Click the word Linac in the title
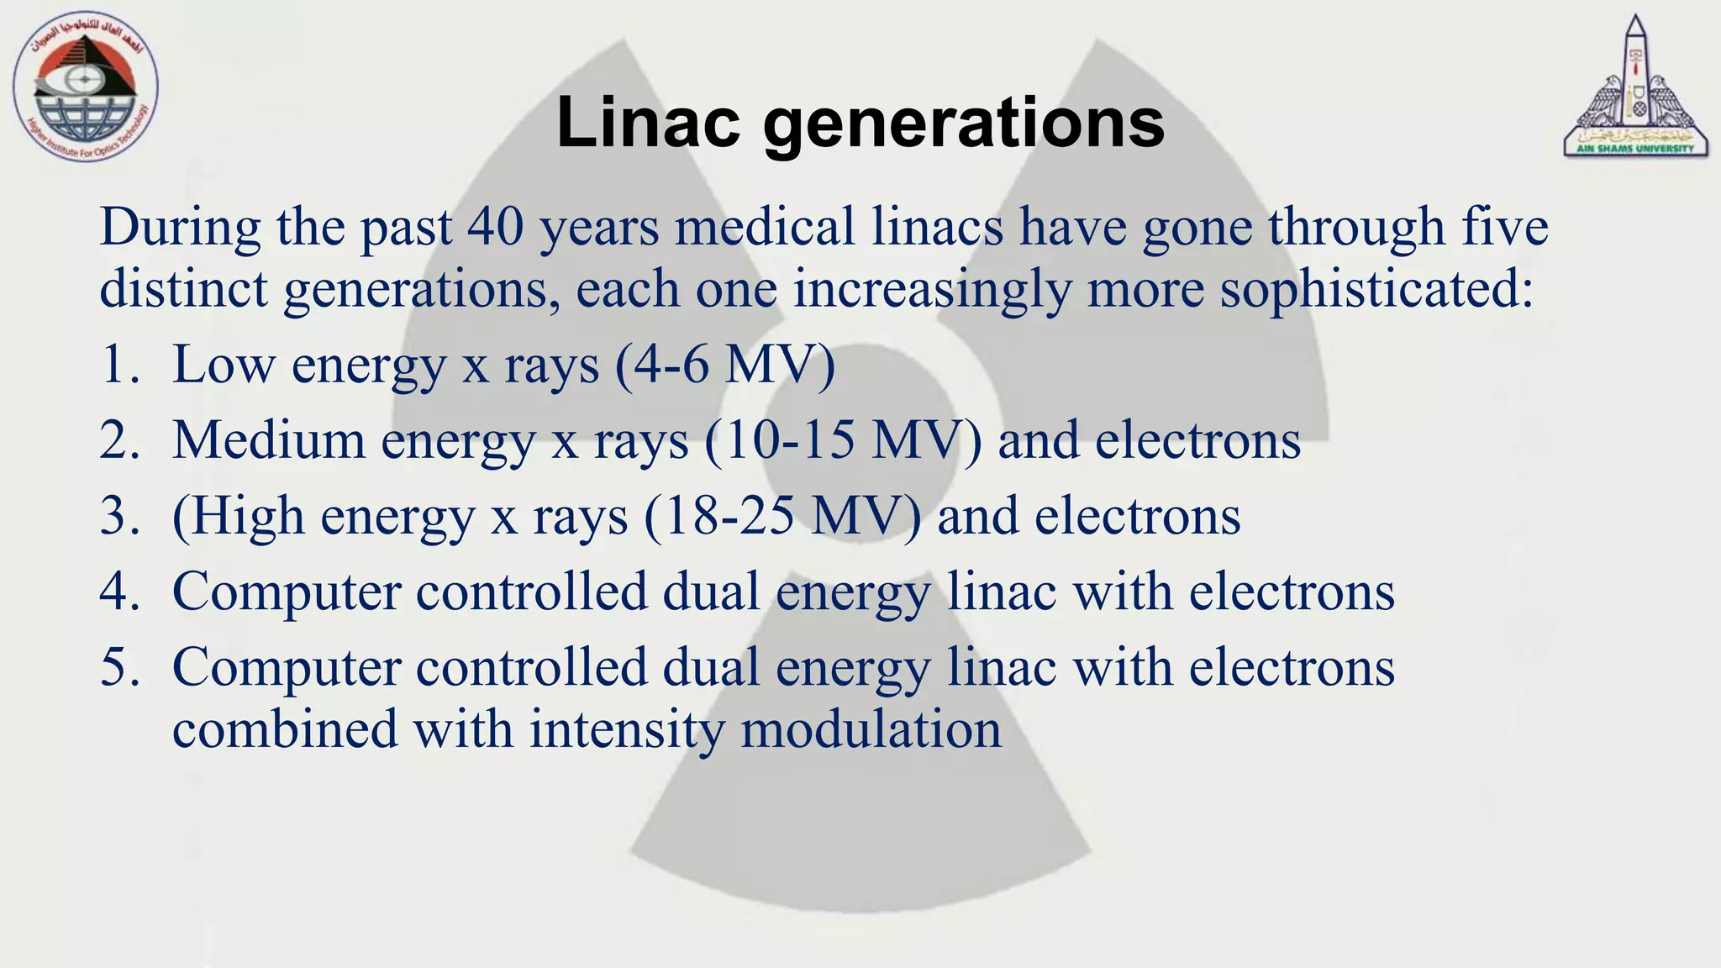(647, 123)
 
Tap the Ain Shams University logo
(1634, 88)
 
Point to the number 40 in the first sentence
(496, 227)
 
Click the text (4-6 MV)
(724, 365)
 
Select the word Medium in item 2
(268, 440)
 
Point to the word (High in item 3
(238, 516)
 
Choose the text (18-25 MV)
(782, 516)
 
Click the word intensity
(626, 729)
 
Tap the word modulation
(871, 729)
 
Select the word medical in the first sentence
(765, 227)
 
